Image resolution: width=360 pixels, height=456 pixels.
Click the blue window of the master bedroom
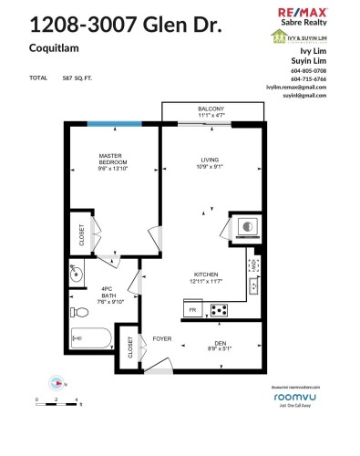[115, 124]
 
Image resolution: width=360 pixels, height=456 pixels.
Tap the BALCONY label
[211, 109]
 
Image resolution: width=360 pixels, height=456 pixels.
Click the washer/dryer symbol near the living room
[245, 225]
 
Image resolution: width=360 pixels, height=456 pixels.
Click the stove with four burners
[220, 310]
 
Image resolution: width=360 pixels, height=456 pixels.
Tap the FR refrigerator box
[192, 311]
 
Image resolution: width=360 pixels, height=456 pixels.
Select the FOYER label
[162, 337]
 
